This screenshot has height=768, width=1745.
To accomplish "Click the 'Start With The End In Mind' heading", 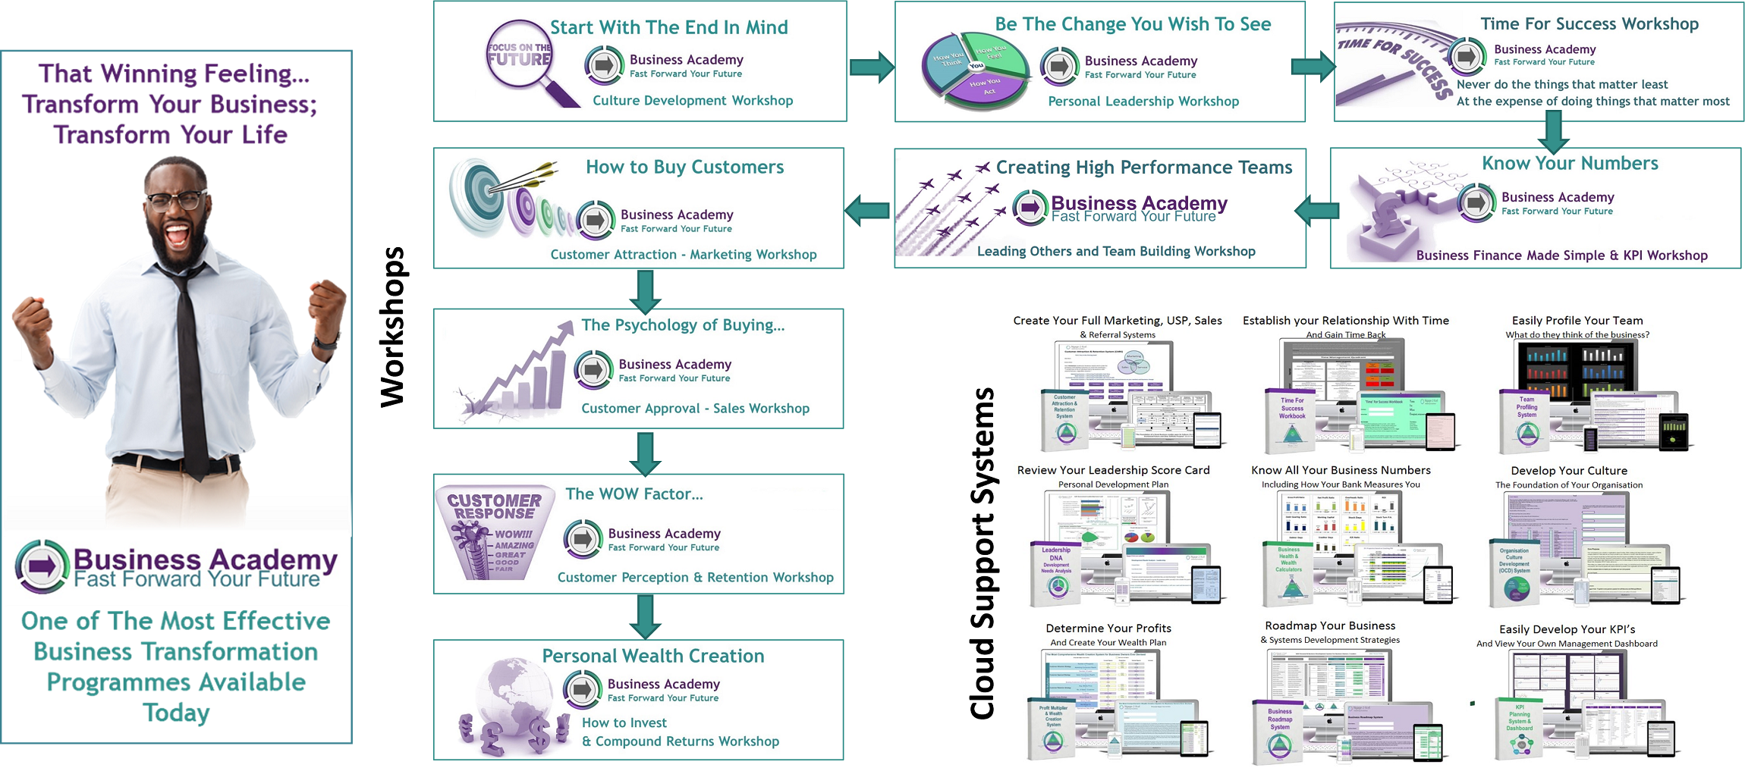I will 668,27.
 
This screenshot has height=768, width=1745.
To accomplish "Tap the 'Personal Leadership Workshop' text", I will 1143,102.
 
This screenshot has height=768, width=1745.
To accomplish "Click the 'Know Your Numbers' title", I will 1570,163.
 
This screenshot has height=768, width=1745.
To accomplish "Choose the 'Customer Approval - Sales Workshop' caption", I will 695,409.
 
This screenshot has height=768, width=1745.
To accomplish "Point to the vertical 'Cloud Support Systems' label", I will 983,553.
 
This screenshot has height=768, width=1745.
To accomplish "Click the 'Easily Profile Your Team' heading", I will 1577,321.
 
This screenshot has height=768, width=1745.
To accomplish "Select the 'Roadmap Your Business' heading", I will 1329,625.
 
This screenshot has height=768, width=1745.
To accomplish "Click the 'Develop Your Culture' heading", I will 1568,471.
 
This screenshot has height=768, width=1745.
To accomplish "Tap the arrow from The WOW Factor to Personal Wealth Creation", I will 645,616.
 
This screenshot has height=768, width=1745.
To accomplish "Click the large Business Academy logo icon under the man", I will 42,566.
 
